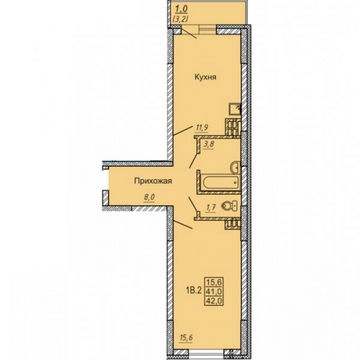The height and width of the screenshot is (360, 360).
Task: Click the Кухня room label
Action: [x=205, y=77]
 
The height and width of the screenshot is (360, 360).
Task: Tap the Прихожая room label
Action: [x=153, y=181]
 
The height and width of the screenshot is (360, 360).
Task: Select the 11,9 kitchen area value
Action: [x=202, y=127]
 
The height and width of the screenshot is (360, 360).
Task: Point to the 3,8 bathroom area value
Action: [x=209, y=145]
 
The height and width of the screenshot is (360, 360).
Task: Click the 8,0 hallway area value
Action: [x=149, y=198]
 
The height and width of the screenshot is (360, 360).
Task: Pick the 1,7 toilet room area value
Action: [x=211, y=208]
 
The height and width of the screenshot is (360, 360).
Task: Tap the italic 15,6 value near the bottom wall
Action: [x=186, y=338]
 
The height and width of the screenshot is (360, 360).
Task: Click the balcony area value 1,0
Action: [x=181, y=9]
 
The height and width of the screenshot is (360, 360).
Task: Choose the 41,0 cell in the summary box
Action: [x=213, y=292]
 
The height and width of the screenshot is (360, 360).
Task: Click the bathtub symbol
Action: [x=220, y=183]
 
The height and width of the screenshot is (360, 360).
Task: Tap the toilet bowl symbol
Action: [x=230, y=206]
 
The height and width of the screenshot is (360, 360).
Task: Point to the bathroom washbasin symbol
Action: [x=235, y=167]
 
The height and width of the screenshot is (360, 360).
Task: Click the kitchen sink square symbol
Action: [x=235, y=109]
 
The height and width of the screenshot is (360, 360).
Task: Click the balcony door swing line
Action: [x=189, y=33]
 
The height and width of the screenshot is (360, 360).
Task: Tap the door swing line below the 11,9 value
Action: [x=183, y=130]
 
